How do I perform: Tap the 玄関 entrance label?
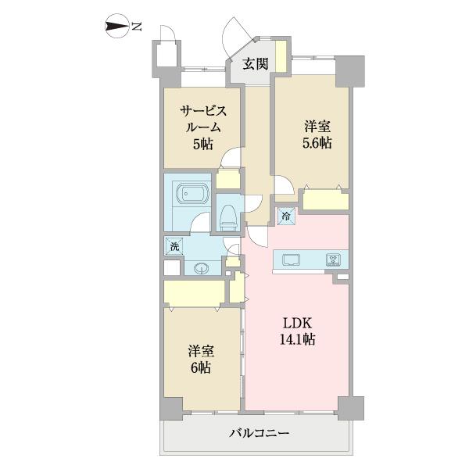tap(256, 65)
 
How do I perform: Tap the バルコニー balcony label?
tap(260, 433)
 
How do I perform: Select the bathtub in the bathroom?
tap(188, 194)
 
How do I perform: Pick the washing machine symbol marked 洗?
tap(175, 246)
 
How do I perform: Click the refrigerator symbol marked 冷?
tap(286, 216)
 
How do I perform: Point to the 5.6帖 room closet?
tap(325, 201)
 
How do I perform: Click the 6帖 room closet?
tap(195, 292)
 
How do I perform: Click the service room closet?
tap(227, 179)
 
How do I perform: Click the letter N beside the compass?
tap(136, 27)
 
